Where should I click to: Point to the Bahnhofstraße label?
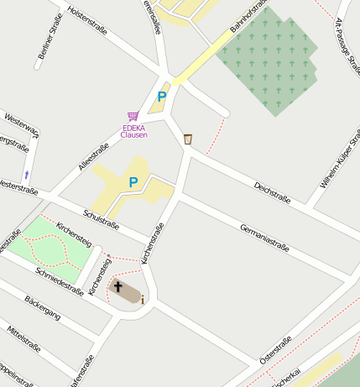[x=248, y=19]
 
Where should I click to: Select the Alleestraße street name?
[x=94, y=156]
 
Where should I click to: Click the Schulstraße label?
[x=101, y=217]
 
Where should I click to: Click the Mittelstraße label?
[x=24, y=339]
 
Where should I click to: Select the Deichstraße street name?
[x=272, y=193]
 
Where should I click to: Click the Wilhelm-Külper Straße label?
[x=339, y=158]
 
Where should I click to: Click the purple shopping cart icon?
[x=133, y=116]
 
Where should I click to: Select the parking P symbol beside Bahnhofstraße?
[x=161, y=97]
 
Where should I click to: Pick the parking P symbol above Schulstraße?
[x=133, y=181]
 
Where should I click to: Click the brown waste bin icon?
[x=187, y=139]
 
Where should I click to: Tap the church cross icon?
[x=117, y=288]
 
